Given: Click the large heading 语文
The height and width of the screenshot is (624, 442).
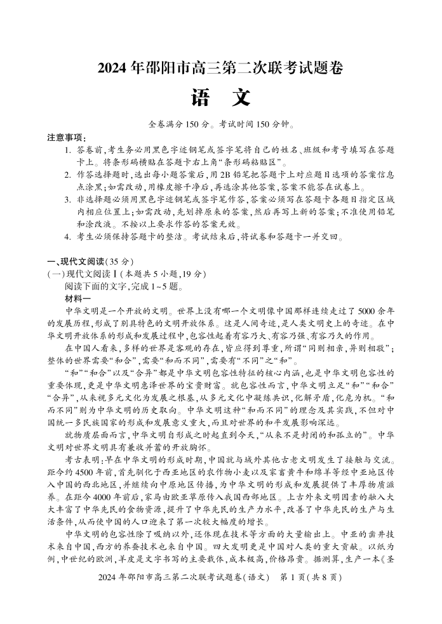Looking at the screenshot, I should pyautogui.click(x=220, y=98).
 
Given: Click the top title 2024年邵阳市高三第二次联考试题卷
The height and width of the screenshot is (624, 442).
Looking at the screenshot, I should pyautogui.click(x=220, y=69).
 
